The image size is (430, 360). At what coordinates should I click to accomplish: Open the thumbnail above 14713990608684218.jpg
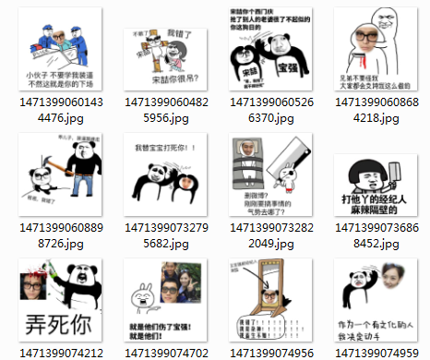pyautogui.click(x=375, y=46)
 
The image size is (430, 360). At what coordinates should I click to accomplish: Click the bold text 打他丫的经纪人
pyautogui.click(x=375, y=199)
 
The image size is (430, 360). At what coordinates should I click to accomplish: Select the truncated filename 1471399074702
pyautogui.click(x=162, y=352)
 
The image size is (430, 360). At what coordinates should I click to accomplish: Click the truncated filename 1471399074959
pyautogui.click(x=375, y=352)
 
